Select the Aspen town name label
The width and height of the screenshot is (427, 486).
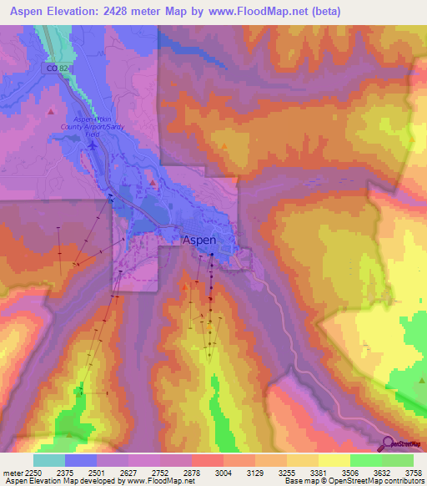click(199, 239)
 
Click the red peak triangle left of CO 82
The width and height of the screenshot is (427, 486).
click(51, 110)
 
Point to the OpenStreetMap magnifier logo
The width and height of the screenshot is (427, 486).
click(387, 443)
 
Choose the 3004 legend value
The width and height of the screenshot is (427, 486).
click(224, 472)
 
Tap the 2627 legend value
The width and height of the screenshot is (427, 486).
click(128, 472)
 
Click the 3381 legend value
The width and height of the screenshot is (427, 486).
click(318, 472)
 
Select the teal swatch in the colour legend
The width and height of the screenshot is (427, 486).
click(49, 460)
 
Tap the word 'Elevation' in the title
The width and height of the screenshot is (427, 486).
click(77, 11)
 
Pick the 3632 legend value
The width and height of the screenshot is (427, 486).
click(382, 472)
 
